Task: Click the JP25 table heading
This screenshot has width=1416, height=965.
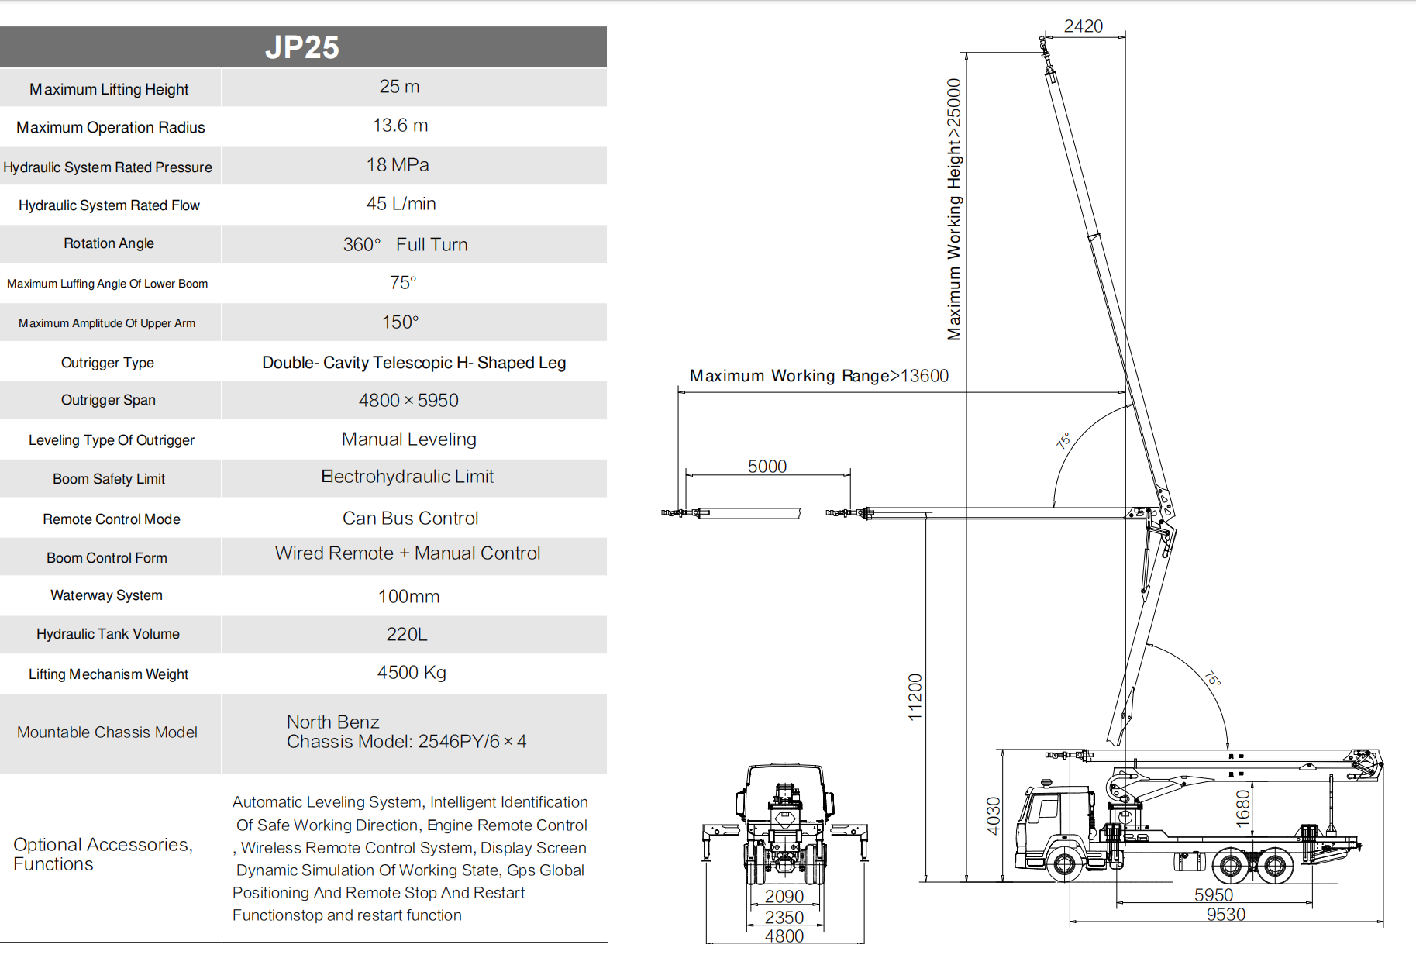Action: [x=302, y=47]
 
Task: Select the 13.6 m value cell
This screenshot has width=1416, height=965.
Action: [x=400, y=126]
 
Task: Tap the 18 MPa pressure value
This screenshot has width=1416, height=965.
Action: [x=398, y=165]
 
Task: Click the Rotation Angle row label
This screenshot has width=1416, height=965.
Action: [x=109, y=243]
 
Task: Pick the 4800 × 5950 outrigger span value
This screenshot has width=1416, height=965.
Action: [x=408, y=400]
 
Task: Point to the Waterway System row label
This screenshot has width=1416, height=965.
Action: [x=107, y=595]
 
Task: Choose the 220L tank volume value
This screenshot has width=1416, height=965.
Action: [x=407, y=634]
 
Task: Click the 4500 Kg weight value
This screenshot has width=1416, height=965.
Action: [x=412, y=673]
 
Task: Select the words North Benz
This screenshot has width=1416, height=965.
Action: [x=333, y=722]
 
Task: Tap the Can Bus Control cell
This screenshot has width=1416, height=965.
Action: [x=411, y=519]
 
